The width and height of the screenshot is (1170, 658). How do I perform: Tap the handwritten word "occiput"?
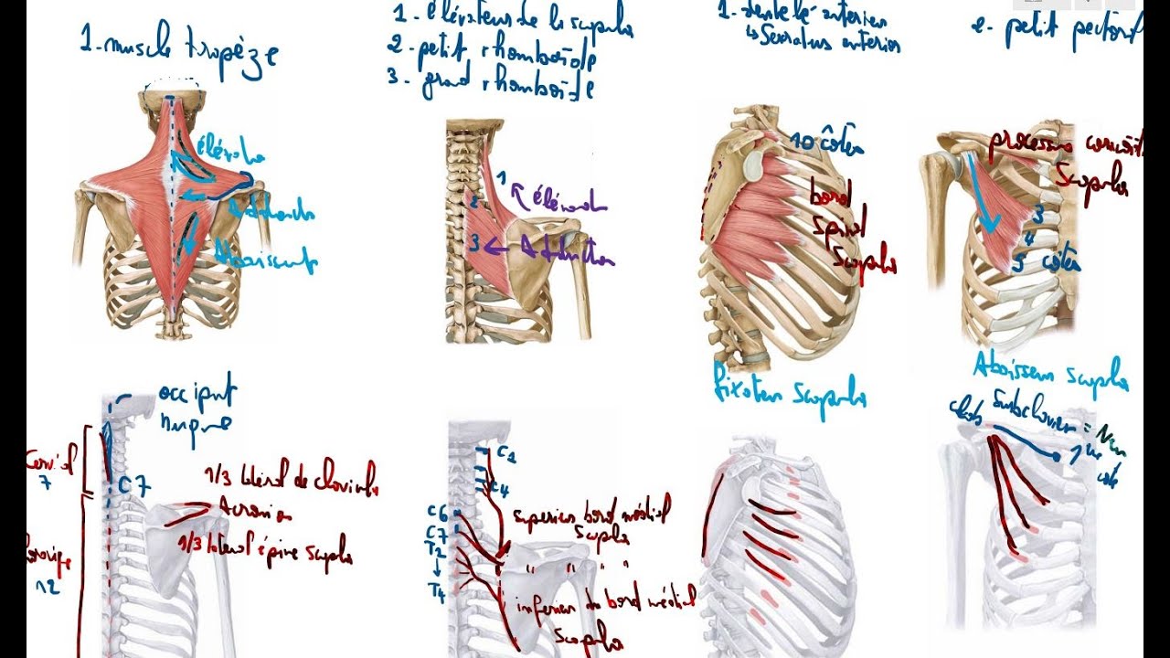[x=197, y=395]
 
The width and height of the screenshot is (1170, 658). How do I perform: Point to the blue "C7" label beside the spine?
[x=133, y=487]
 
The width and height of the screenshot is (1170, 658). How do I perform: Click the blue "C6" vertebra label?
[x=438, y=512]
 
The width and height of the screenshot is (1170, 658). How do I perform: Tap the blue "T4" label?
[x=438, y=593]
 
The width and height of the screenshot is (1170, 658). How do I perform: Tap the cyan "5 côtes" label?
[x=1046, y=263]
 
